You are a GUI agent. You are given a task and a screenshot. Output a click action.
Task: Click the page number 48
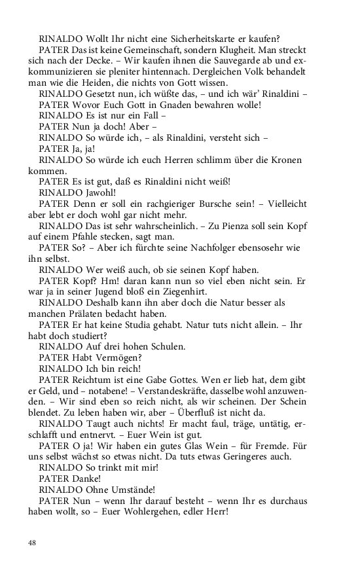(33, 543)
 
